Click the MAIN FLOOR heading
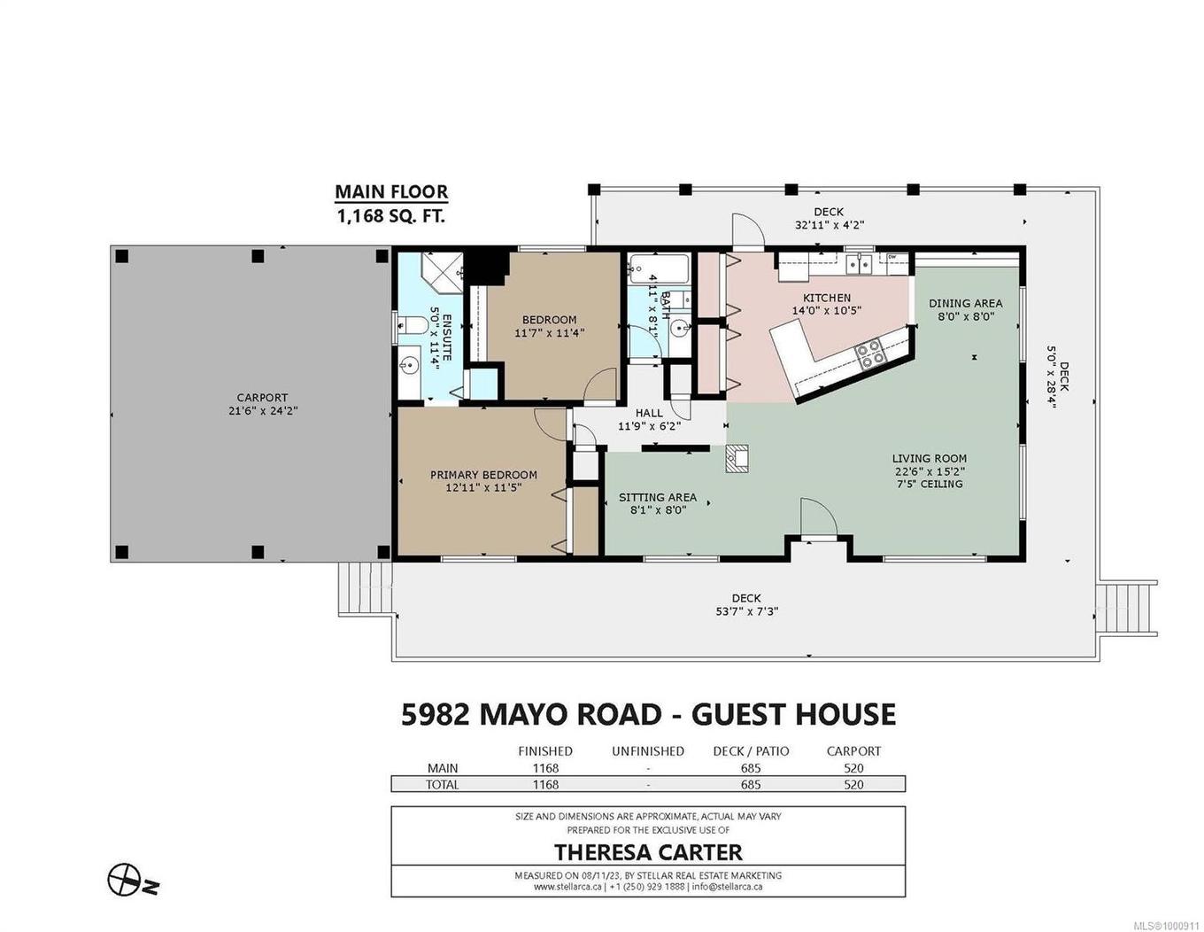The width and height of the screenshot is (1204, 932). pyautogui.click(x=390, y=192)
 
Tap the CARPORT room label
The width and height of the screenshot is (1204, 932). pyautogui.click(x=262, y=398)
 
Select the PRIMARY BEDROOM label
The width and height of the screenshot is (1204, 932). pyautogui.click(x=483, y=475)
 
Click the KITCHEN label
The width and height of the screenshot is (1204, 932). pyautogui.click(x=826, y=298)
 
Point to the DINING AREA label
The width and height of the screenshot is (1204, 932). pyautogui.click(x=965, y=303)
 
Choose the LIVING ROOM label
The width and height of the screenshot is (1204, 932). pyautogui.click(x=929, y=459)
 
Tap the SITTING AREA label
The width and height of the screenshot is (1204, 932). pyautogui.click(x=657, y=497)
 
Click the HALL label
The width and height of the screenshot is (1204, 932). pyautogui.click(x=648, y=413)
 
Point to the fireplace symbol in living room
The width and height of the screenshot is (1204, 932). pyautogui.click(x=737, y=458)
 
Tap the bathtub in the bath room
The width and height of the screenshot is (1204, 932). pyautogui.click(x=659, y=267)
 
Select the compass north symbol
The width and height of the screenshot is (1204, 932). pyautogui.click(x=124, y=880)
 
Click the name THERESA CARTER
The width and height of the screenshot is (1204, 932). pyautogui.click(x=648, y=852)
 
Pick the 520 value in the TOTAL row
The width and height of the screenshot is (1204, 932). pyautogui.click(x=853, y=784)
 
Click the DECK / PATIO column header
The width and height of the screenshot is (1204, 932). pyautogui.click(x=751, y=751)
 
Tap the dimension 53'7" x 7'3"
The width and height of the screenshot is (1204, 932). pyautogui.click(x=746, y=611)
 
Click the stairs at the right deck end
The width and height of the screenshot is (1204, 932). pyautogui.click(x=1128, y=609)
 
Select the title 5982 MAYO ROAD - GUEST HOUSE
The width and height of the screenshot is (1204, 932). pyautogui.click(x=648, y=714)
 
